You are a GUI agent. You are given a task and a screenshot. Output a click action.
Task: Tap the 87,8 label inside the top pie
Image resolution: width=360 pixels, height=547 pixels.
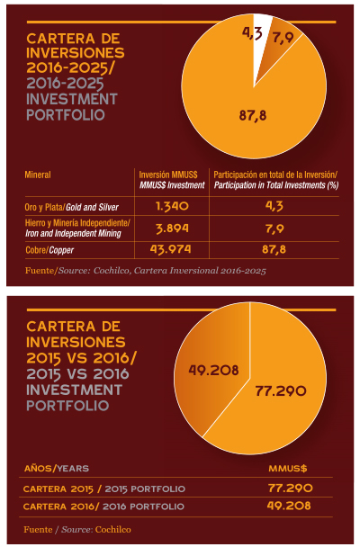(253, 115)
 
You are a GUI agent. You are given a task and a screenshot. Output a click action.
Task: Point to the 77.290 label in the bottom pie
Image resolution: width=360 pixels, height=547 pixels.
(281, 390)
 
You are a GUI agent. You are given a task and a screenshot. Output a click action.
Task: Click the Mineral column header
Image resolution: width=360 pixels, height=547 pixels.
(38, 175)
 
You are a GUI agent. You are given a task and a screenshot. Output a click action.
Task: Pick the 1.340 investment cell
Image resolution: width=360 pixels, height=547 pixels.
(172, 206)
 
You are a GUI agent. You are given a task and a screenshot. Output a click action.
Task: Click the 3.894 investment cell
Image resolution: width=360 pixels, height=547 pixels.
(172, 229)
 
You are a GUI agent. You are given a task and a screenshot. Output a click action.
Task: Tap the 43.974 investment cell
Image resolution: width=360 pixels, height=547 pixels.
(171, 249)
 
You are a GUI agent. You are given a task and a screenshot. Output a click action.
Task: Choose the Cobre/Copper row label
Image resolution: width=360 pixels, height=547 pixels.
(49, 250)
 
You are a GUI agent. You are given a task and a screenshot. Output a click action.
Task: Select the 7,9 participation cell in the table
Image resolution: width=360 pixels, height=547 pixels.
(274, 229)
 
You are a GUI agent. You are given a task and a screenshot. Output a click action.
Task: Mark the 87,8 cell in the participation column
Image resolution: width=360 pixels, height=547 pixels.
(274, 249)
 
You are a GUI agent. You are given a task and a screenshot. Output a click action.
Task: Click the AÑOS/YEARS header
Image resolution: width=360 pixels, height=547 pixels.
(57, 468)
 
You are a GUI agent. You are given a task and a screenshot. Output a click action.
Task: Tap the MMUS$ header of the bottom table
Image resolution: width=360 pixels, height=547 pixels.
(288, 468)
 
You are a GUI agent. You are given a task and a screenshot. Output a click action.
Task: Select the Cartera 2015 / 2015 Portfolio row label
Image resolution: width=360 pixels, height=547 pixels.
(104, 489)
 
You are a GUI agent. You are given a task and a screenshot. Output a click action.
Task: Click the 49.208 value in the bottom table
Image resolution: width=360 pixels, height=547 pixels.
(289, 506)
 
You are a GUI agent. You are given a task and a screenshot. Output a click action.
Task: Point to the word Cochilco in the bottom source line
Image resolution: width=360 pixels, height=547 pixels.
(113, 530)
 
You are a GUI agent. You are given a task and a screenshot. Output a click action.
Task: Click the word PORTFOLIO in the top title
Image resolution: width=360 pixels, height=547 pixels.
(66, 115)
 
